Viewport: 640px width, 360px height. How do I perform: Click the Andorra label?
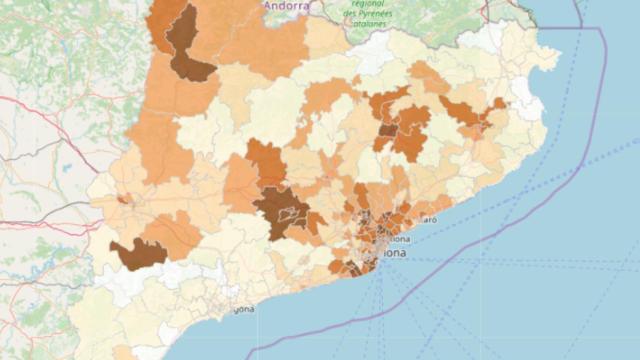click(285, 6)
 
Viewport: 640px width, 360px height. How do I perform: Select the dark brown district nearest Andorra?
click(187, 45)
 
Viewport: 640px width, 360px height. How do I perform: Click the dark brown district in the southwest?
click(137, 253)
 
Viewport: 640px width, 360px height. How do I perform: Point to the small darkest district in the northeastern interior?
click(387, 130)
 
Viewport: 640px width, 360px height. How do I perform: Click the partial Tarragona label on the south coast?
click(244, 309)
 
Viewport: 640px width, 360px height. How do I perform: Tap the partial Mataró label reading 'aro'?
click(428, 218)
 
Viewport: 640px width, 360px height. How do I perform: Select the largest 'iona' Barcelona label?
click(391, 254)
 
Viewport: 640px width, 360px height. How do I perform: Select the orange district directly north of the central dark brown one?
click(265, 160)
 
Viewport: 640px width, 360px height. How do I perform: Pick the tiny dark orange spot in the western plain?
click(122, 199)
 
